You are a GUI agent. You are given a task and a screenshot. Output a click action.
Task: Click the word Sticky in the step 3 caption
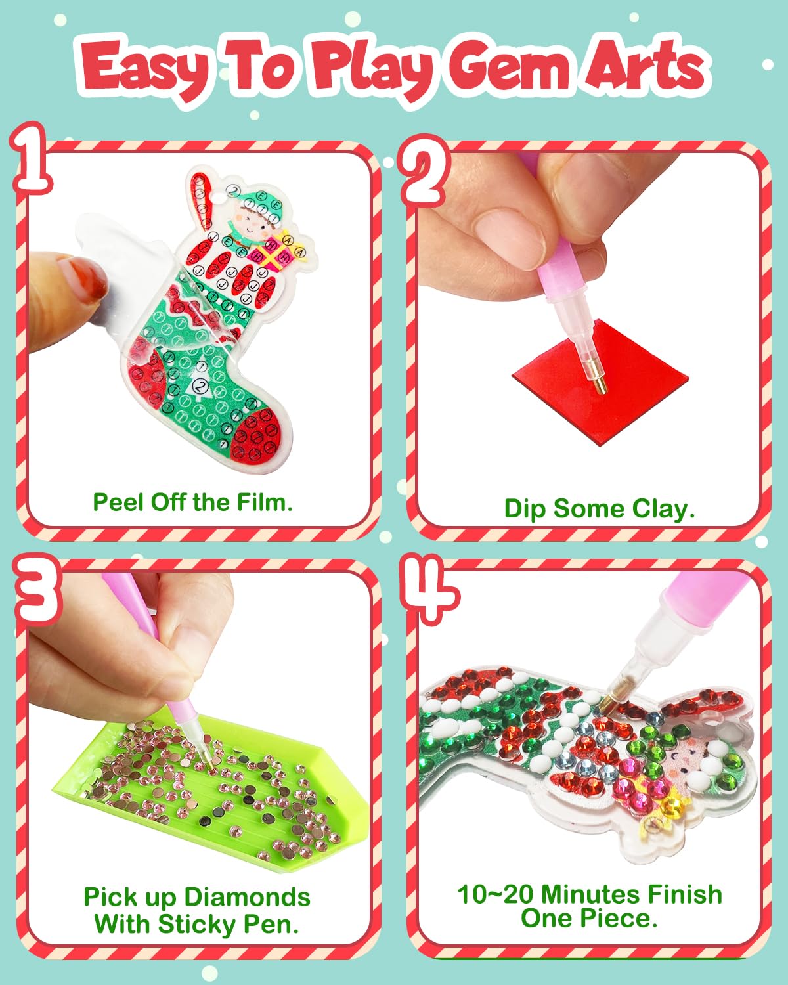(x=197, y=925)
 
